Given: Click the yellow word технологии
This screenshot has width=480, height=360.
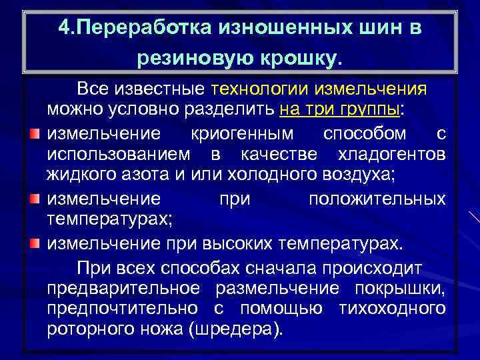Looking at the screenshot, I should tap(253, 89).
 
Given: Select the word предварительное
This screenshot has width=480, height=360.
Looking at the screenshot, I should tap(123, 288).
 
